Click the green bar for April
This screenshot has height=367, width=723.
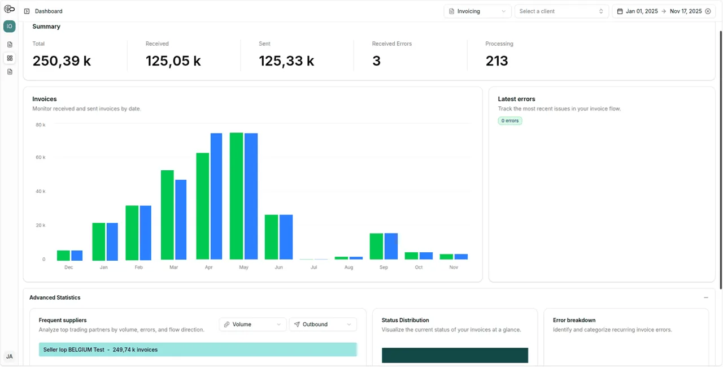[202, 206]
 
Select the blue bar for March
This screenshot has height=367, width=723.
[181, 219]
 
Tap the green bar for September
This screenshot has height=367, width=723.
[376, 246]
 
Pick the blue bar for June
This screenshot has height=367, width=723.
[286, 237]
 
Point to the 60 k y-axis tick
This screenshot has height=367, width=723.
[40, 157]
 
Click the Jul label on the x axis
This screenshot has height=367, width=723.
[313, 267]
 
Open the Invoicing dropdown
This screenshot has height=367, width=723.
[477, 11]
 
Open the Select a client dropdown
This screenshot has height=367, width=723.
[561, 11]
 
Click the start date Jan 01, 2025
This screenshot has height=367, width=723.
[642, 11]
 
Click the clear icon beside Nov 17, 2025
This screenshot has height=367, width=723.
[708, 11]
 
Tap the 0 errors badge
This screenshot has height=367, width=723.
[510, 121]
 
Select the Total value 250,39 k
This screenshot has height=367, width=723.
[62, 61]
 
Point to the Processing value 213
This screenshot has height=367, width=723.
[496, 61]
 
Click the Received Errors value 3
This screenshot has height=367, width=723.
[376, 61]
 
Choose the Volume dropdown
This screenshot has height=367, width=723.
[252, 325]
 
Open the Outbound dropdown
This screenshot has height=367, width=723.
[323, 325]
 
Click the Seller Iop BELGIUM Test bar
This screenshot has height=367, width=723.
[198, 349]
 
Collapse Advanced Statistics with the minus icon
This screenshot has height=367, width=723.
[706, 297]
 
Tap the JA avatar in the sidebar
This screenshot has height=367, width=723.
[10, 356]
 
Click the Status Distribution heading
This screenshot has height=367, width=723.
[405, 320]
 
